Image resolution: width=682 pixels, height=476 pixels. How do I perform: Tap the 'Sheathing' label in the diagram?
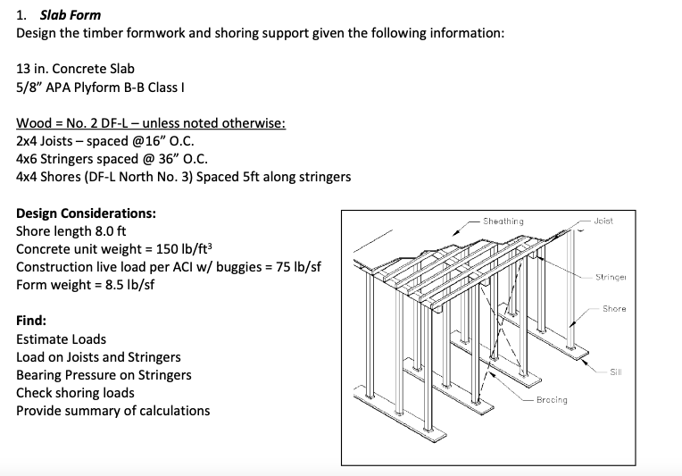point(503,221)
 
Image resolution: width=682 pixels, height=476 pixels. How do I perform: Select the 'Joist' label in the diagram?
point(602,221)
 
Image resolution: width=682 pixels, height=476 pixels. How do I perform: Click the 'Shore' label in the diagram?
point(613,309)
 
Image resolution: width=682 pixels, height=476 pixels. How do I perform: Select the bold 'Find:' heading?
point(31,321)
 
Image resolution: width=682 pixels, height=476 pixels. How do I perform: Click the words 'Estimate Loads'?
point(61,339)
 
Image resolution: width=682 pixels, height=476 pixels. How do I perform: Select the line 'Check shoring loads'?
point(75,393)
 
